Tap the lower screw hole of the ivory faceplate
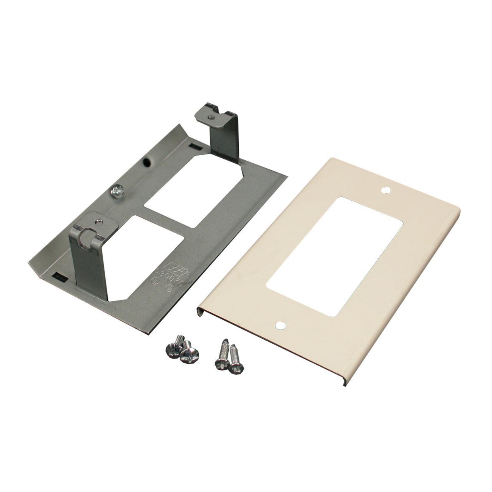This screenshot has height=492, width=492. (x=281, y=326)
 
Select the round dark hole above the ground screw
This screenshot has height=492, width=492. (x=146, y=163)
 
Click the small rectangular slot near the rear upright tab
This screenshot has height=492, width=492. (x=195, y=146)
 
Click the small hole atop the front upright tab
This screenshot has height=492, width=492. (x=99, y=221)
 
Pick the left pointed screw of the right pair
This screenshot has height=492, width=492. (x=222, y=356)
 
